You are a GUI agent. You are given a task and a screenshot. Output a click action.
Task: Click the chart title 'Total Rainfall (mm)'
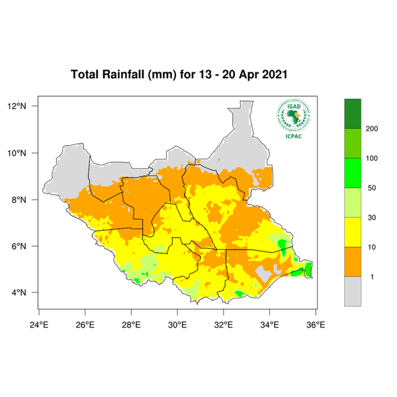point(123,75)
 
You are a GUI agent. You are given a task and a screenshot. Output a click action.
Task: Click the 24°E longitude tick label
point(39,324)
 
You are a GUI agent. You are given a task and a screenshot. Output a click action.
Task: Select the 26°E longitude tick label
point(85,324)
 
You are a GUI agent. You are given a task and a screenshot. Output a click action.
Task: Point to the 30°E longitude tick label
point(177,324)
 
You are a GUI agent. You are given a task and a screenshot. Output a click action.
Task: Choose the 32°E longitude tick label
point(224,324)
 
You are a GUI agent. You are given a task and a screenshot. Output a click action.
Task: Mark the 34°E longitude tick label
point(270,324)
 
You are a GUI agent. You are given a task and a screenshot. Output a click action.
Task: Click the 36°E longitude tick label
point(316,324)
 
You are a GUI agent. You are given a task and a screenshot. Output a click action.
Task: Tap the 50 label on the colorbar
point(371,188)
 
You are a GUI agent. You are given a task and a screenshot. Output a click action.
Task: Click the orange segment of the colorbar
point(353,262)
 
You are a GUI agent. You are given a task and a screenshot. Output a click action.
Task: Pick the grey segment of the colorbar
point(353,291)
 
